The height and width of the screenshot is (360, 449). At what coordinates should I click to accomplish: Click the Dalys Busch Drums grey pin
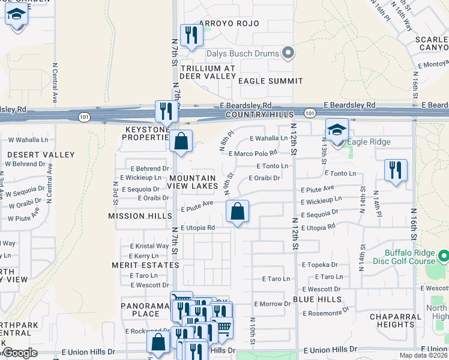point(288,53)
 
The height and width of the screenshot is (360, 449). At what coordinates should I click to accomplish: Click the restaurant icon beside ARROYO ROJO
point(191,35)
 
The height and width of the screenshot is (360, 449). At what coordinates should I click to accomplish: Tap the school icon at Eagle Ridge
point(337,130)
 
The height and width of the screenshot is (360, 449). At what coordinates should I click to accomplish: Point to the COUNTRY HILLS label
point(259,115)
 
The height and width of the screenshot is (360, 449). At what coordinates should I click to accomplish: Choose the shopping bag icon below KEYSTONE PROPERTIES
point(181,142)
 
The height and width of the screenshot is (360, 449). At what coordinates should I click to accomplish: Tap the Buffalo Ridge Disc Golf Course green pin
point(444,256)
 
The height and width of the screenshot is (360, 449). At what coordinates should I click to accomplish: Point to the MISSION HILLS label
point(135,216)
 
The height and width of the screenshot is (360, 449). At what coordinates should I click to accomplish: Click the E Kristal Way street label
point(145,246)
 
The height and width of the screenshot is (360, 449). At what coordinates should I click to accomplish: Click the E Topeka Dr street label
point(320,265)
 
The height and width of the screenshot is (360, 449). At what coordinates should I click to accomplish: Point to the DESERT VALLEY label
point(32,155)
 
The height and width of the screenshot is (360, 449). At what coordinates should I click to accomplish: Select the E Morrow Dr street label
point(272,304)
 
